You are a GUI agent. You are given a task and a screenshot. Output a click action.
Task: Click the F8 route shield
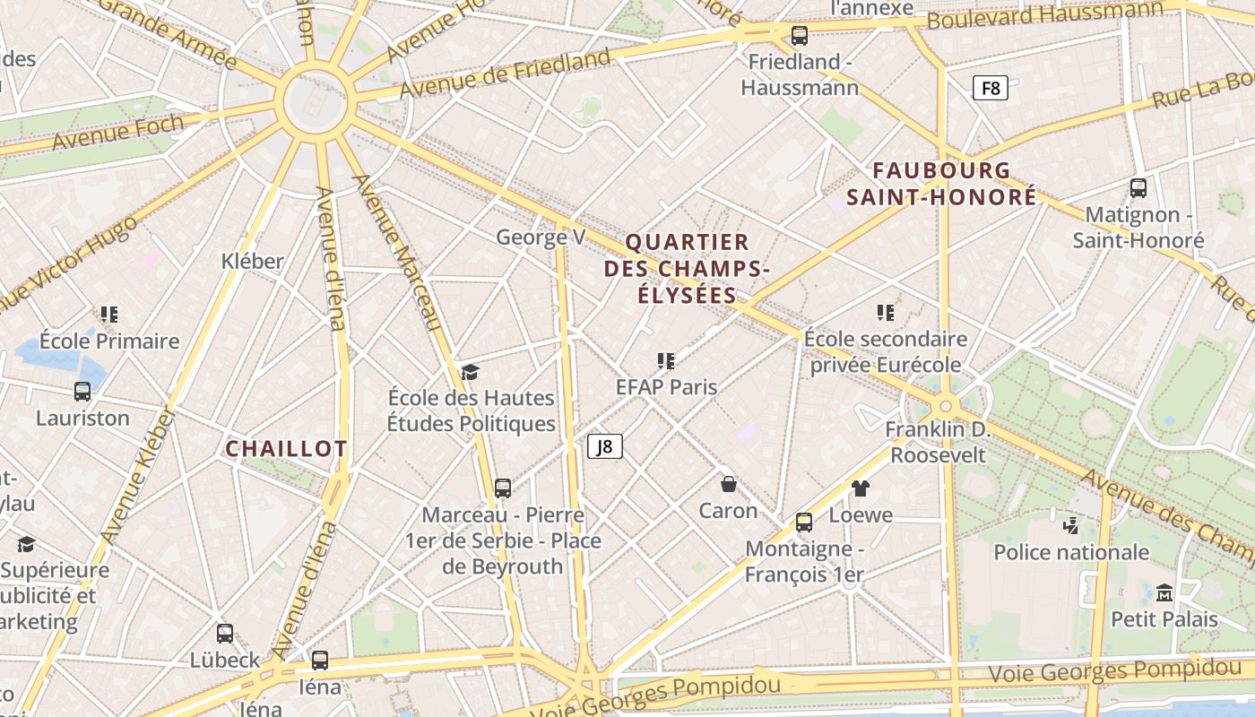point(990,88)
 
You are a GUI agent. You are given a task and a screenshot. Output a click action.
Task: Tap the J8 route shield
point(605,446)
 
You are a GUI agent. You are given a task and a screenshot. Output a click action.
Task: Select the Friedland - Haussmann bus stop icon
point(799,36)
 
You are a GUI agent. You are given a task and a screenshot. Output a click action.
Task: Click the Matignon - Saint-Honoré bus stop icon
point(1138,188)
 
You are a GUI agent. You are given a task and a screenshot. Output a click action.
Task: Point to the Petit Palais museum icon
point(1164,592)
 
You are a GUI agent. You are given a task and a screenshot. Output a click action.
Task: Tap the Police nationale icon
point(1069,525)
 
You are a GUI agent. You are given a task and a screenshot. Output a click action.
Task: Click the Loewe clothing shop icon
point(861,488)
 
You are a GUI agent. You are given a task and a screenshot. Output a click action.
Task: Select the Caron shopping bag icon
point(729,484)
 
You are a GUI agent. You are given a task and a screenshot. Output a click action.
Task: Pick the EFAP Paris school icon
point(665,360)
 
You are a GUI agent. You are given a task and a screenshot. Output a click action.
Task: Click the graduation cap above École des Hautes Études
point(471,372)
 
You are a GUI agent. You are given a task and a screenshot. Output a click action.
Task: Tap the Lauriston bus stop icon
point(82,392)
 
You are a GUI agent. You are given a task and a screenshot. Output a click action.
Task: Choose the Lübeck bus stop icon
point(224,634)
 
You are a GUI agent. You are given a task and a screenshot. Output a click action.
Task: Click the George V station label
point(541,238)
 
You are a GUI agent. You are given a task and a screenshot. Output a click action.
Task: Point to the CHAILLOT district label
point(286,449)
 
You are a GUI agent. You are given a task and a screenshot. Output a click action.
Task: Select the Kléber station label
point(252,261)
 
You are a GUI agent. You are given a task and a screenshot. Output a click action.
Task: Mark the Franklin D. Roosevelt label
point(937,442)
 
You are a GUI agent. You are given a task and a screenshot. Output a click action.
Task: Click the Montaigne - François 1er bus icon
point(804,523)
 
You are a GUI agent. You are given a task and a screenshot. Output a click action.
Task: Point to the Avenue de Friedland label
point(505,74)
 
